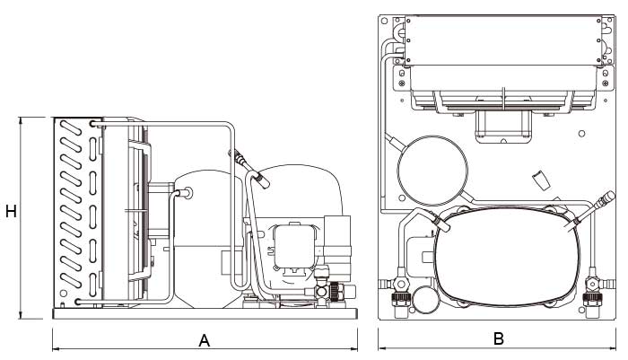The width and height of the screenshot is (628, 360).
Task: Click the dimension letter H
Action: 11,212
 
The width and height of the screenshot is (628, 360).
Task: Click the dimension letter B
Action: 499,339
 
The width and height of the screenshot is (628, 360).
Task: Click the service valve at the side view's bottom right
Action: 334,293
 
